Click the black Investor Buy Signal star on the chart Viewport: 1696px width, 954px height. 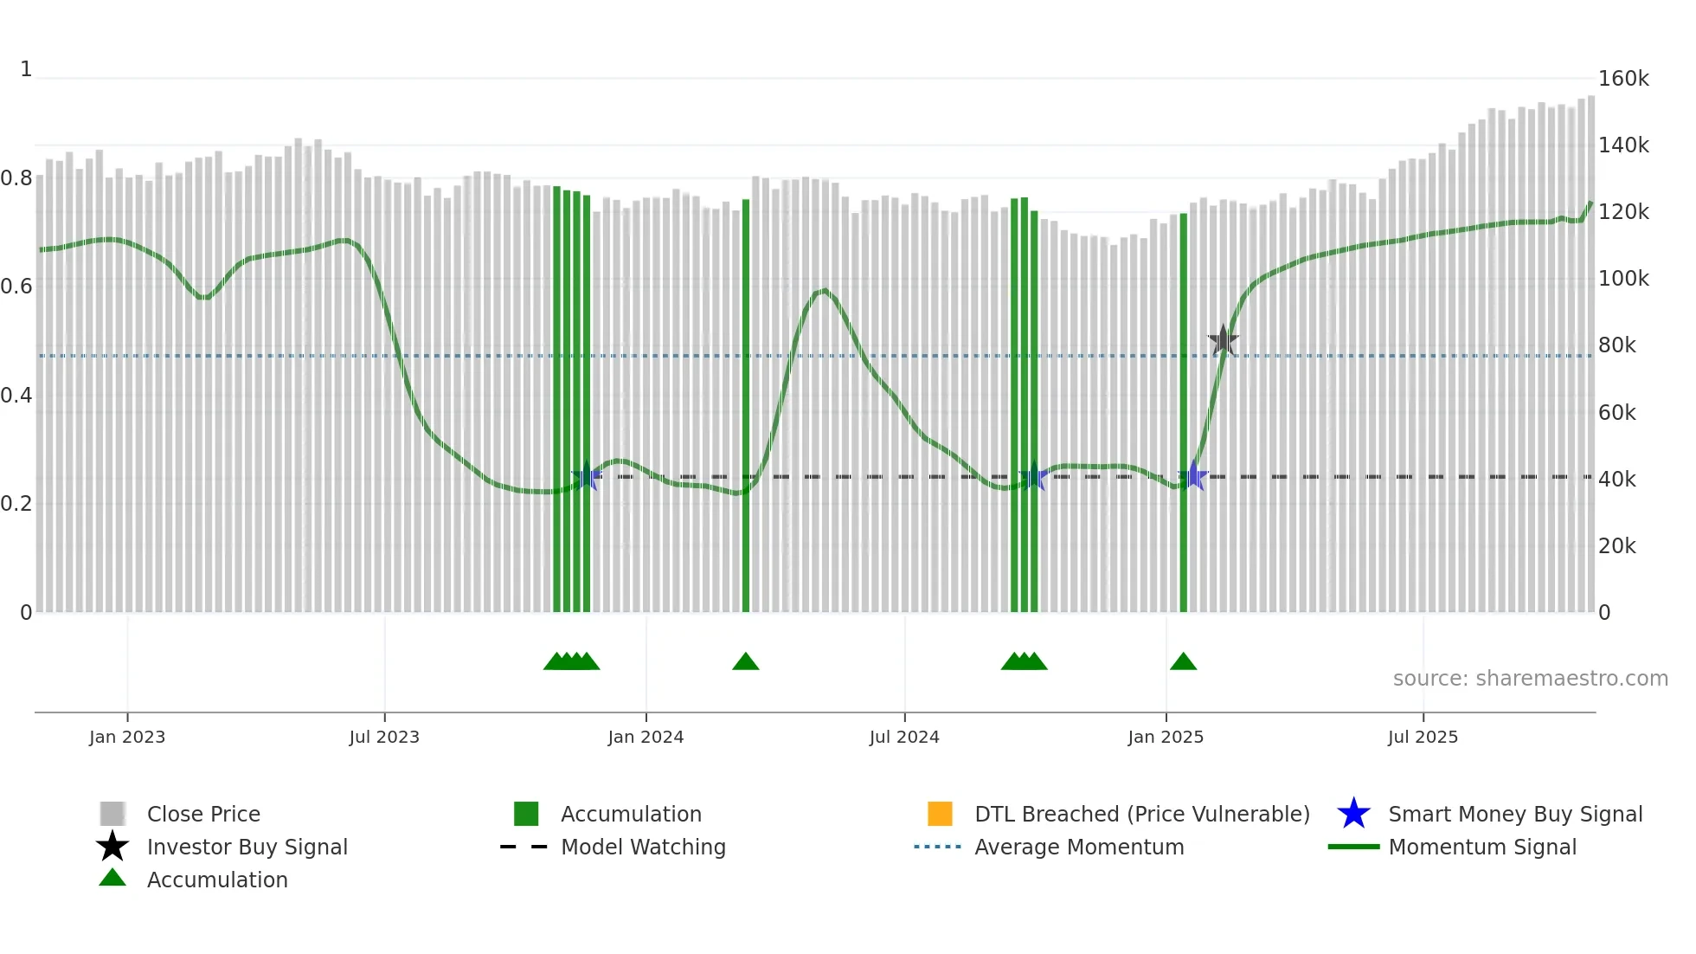[1223, 340]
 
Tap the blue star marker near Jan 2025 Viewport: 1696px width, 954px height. [1193, 476]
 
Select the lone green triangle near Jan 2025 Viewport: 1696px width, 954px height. [1183, 662]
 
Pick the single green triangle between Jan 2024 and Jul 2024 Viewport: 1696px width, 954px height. [745, 662]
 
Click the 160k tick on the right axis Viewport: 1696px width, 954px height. [1622, 79]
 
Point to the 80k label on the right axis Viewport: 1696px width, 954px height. [1616, 345]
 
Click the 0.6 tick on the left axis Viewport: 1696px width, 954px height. [16, 287]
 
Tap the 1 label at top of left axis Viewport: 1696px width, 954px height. [26, 69]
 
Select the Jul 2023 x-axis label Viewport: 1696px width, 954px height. [384, 737]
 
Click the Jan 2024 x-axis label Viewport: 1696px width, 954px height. [646, 737]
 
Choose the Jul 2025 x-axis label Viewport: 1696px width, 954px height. [1423, 737]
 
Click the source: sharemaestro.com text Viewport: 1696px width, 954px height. [1530, 679]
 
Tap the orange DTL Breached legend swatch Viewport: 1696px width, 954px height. [940, 814]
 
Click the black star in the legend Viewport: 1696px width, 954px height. [112, 847]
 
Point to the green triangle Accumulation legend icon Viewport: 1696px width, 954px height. [112, 879]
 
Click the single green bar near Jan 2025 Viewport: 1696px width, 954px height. [1183, 416]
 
